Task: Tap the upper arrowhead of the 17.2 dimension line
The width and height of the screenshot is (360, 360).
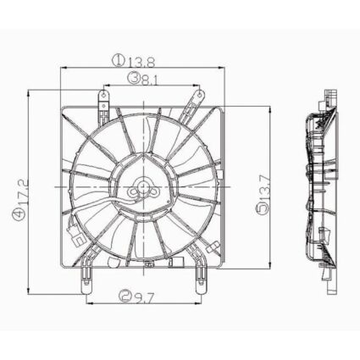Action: pos(32,91)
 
